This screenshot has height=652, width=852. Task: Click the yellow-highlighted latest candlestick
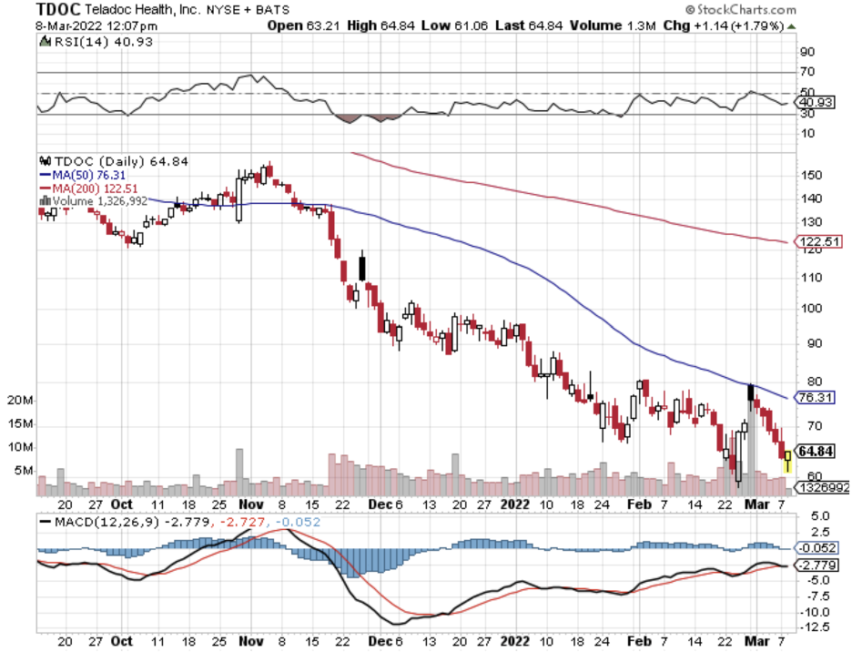pyautogui.click(x=787, y=459)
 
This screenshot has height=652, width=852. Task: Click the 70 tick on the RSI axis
pyautogui.click(x=806, y=72)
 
